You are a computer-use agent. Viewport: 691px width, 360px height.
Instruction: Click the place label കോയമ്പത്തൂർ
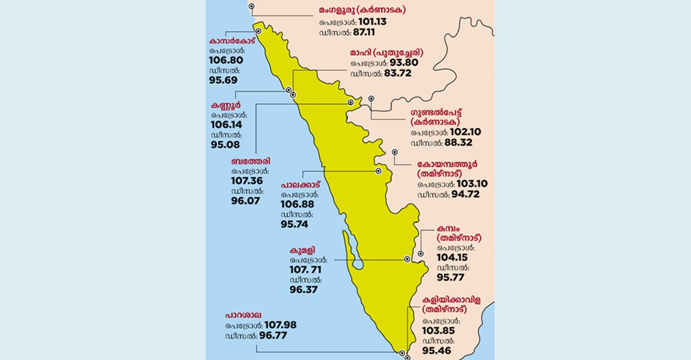click(x=448, y=164)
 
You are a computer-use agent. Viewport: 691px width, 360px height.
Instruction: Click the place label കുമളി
click(x=303, y=250)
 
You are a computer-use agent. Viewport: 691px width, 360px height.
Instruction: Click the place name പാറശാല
click(x=244, y=315)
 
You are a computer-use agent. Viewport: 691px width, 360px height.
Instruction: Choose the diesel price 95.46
click(x=437, y=351)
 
